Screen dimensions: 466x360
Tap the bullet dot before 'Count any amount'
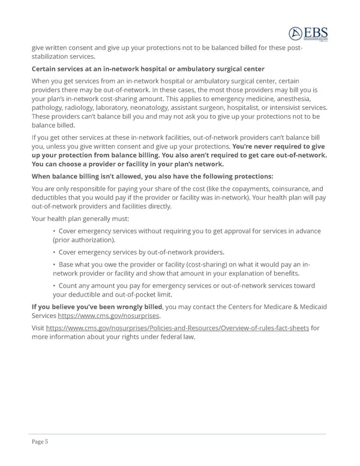(x=54, y=286)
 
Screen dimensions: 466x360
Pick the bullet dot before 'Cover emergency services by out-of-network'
(x=54, y=252)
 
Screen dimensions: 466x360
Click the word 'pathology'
(x=49, y=107)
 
